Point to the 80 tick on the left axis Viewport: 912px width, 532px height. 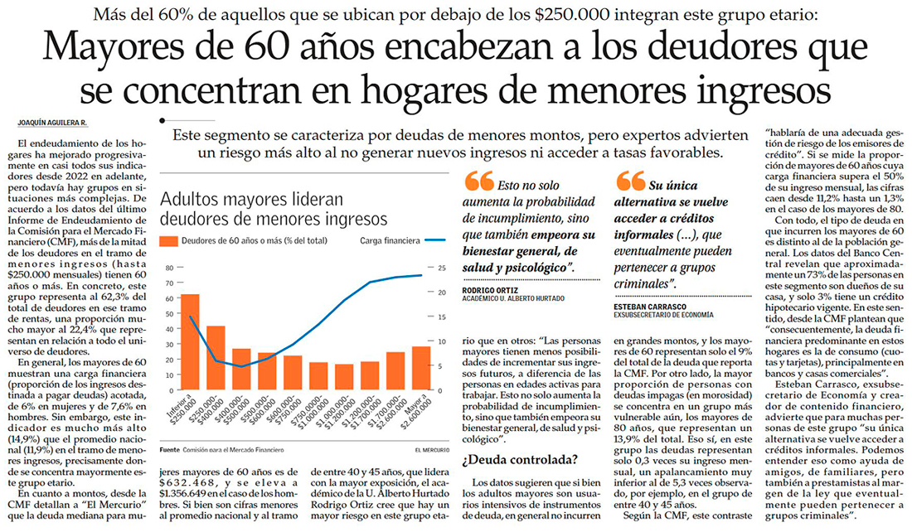pos(168,268)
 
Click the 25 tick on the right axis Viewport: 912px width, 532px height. pos(442,268)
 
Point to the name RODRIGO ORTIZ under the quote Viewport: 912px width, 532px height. pos(491,291)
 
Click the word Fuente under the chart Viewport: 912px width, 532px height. pos(169,449)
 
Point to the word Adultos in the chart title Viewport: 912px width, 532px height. pos(190,200)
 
